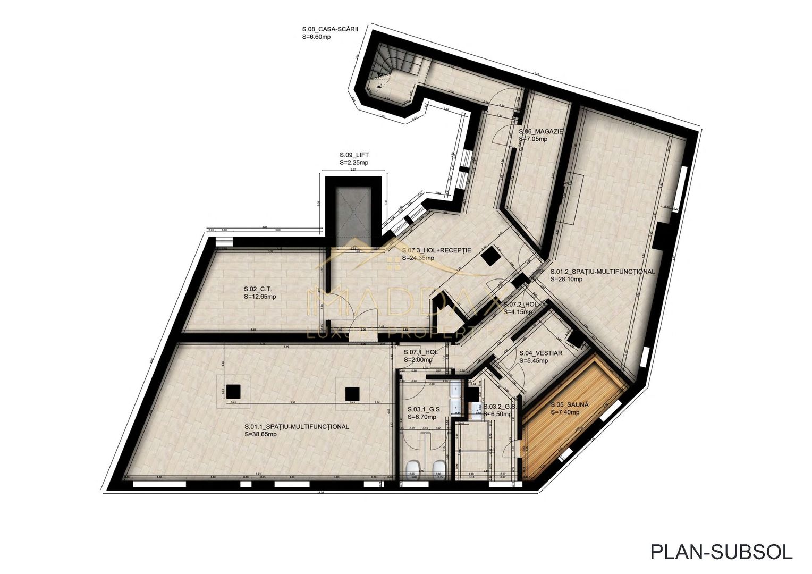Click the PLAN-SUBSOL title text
[721, 552]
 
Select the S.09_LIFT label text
[354, 155]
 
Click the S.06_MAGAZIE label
[540, 131]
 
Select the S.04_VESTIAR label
[540, 353]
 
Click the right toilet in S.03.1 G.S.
[438, 468]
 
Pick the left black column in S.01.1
[233, 392]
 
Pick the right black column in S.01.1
[352, 393]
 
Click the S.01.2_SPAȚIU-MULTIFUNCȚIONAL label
[602, 271]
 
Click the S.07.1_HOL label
[420, 352]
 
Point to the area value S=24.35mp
[418, 258]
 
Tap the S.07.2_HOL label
[520, 305]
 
